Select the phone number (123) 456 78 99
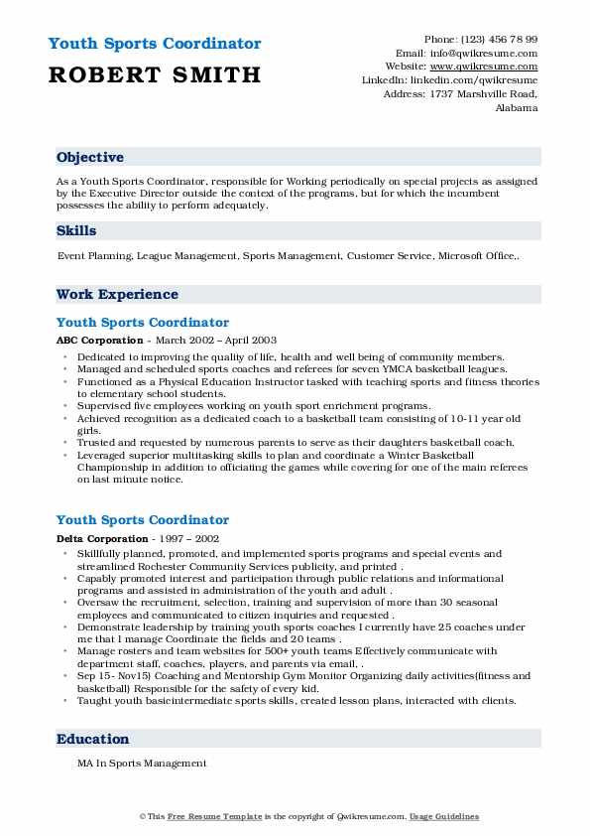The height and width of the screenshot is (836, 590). (495, 39)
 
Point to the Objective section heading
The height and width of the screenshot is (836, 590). (90, 158)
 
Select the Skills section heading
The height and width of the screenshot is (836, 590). (76, 231)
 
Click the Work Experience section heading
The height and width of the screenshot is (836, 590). (117, 295)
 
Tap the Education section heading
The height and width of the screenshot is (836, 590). (93, 740)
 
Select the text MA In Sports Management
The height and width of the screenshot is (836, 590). (142, 764)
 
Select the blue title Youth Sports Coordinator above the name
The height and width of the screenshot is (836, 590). (154, 45)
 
